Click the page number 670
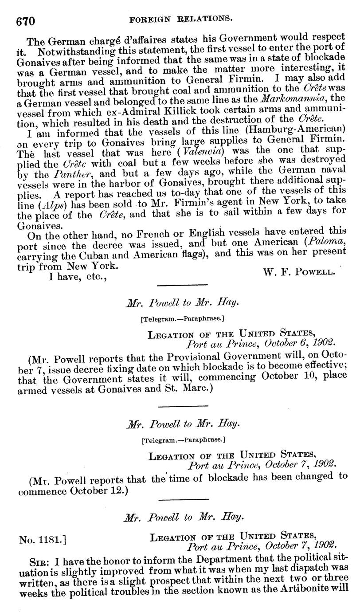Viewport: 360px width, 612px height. pyautogui.click(x=25, y=20)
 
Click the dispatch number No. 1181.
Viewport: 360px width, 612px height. pyautogui.click(x=43, y=539)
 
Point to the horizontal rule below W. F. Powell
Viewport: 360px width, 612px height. pyautogui.click(x=182, y=285)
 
